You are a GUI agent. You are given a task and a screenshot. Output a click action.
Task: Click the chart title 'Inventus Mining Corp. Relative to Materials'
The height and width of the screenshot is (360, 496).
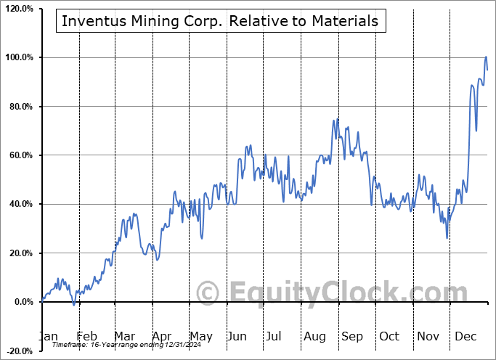(x=220, y=21)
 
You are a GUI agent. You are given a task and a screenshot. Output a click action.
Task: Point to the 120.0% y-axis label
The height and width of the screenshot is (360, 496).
(x=18, y=9)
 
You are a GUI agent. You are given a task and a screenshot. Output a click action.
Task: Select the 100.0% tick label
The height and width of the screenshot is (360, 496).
(x=18, y=57)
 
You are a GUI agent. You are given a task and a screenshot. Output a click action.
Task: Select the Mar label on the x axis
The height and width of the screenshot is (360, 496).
(x=125, y=336)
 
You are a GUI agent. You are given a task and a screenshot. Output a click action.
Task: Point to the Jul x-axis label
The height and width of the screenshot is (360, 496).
(x=275, y=336)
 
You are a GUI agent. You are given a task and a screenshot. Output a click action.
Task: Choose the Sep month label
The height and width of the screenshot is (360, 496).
(x=351, y=336)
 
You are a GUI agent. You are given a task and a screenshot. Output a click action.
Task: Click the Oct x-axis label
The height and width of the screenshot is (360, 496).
(x=389, y=336)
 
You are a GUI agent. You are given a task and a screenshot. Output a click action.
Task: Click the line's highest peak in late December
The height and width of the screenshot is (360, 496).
(x=486, y=57)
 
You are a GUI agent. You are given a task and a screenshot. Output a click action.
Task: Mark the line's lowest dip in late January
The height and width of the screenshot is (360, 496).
(x=73, y=304)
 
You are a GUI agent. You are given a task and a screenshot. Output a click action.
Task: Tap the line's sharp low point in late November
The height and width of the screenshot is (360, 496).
(x=447, y=237)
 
